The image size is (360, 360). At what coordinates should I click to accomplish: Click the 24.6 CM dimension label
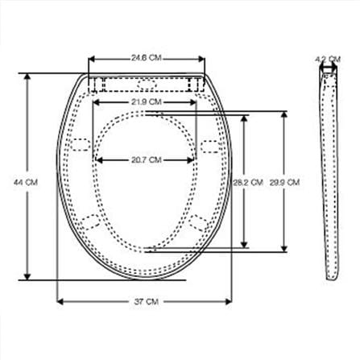pyautogui.click(x=147, y=58)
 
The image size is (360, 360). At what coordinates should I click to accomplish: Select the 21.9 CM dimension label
pyautogui.click(x=147, y=102)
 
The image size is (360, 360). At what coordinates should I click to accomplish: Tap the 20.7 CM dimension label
pyautogui.click(x=147, y=160)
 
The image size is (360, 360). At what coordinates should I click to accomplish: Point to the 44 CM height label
pyautogui.click(x=26, y=182)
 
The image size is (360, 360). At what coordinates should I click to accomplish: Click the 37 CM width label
pyautogui.click(x=146, y=301)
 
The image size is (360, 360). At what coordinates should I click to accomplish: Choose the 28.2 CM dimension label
pyautogui.click(x=248, y=183)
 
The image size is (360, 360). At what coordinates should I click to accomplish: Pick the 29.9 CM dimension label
pyautogui.click(x=284, y=183)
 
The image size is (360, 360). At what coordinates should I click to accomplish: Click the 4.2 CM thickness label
pyautogui.click(x=328, y=59)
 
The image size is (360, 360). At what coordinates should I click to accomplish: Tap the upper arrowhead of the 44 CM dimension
pyautogui.click(x=27, y=77)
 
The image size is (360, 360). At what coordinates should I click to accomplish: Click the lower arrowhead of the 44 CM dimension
pyautogui.click(x=27, y=276)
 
